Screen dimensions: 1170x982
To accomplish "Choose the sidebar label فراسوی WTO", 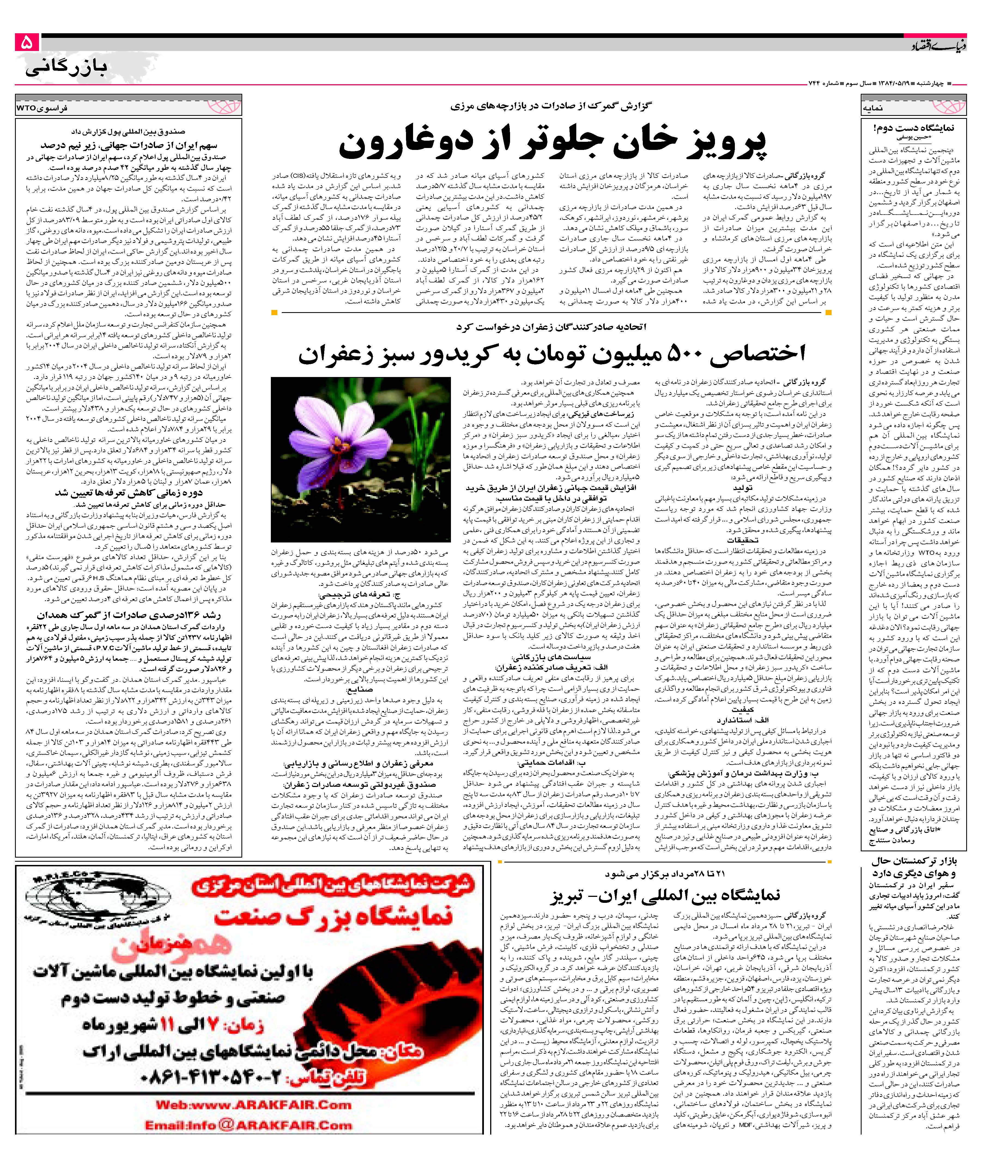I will click(x=42, y=108).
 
